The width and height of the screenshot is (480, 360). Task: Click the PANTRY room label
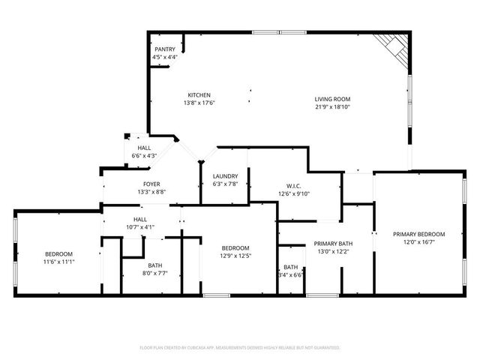click(x=165, y=49)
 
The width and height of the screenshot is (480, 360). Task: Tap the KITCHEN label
click(x=199, y=94)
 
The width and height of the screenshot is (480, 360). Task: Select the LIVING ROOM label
click(x=333, y=99)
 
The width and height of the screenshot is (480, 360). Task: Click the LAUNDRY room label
click(x=225, y=176)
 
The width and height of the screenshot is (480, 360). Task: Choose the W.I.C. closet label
click(x=293, y=186)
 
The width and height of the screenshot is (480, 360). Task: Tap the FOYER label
click(x=151, y=184)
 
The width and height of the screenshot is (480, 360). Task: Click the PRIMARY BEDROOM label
click(x=419, y=234)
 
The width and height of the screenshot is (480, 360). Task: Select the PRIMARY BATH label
click(x=333, y=244)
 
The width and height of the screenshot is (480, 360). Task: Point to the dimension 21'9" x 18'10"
click(x=333, y=106)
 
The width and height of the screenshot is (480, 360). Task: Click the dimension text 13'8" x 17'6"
click(x=199, y=103)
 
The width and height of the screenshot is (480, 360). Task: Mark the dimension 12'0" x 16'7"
click(x=419, y=241)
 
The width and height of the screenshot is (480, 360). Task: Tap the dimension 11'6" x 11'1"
click(x=58, y=262)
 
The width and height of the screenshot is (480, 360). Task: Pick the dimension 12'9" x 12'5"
click(x=235, y=256)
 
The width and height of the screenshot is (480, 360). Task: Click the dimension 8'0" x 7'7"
click(x=155, y=274)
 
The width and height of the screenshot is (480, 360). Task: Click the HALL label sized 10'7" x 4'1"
click(x=140, y=219)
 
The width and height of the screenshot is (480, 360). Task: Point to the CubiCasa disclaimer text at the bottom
click(x=240, y=348)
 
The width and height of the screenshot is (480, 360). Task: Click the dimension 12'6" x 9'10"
click(x=293, y=193)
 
